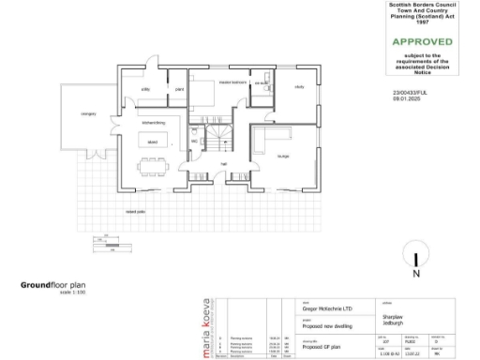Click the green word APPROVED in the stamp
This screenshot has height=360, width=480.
point(421,41)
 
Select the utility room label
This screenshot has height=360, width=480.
point(146,89)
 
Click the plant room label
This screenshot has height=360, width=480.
point(178,89)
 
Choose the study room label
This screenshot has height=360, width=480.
point(300,87)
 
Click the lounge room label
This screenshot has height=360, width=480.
point(284,156)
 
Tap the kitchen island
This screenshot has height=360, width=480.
point(150,142)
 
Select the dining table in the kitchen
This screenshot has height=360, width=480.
point(151,170)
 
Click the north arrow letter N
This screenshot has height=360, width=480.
point(415,276)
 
